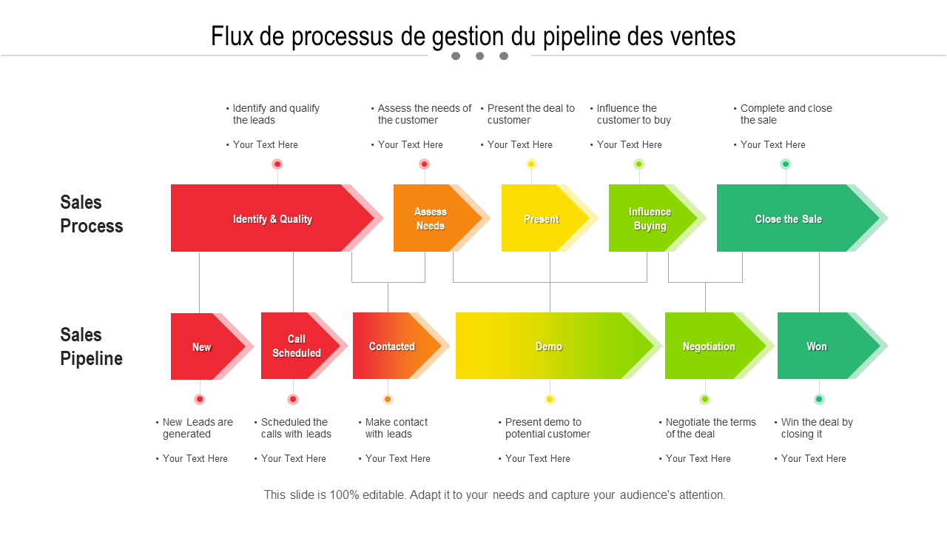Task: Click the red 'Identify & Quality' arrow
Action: click(x=272, y=218)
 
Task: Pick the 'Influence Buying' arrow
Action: click(x=650, y=218)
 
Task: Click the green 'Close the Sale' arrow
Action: click(x=789, y=218)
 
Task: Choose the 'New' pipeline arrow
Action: click(x=202, y=346)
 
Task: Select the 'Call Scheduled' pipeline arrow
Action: click(x=296, y=346)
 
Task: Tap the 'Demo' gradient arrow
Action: click(x=549, y=346)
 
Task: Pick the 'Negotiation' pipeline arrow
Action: click(x=709, y=346)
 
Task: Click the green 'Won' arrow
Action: click(x=818, y=346)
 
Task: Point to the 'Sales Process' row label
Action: click(x=92, y=214)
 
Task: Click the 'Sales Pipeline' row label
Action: click(x=92, y=346)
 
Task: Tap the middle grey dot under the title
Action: click(x=479, y=56)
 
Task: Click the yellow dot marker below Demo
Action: click(x=550, y=400)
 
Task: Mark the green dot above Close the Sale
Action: click(x=786, y=164)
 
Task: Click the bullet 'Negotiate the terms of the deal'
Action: click(x=710, y=428)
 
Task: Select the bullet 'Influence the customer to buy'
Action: click(x=633, y=114)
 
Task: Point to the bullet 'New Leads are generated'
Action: click(x=197, y=428)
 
